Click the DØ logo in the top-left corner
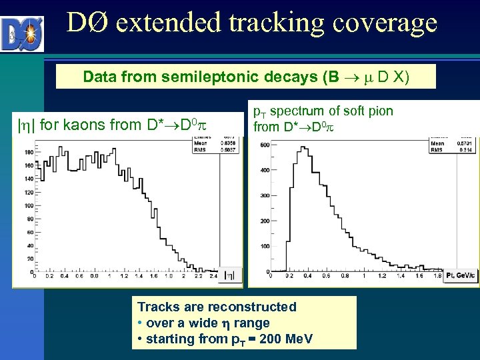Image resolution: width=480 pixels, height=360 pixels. [22, 33]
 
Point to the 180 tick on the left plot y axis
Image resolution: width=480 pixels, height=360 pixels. [29, 152]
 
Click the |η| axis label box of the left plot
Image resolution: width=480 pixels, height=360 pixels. [229, 275]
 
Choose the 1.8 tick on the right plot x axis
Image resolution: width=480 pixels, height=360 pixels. [437, 275]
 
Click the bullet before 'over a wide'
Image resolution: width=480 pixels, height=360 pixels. [140, 323]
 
